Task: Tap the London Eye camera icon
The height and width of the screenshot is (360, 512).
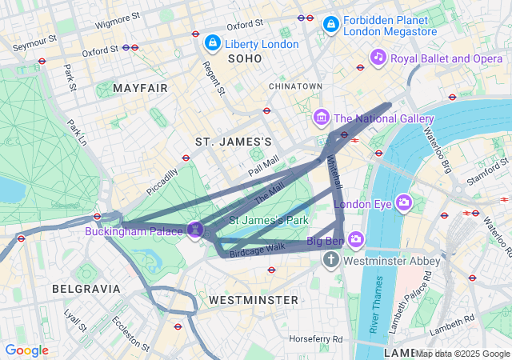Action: coord(403,203)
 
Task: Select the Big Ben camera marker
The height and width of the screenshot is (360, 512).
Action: coord(356,238)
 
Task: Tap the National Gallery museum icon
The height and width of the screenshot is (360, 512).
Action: coord(322,118)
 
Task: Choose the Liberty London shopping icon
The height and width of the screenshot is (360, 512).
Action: coord(212,42)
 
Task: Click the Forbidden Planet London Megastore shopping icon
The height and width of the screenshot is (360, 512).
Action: coord(330,26)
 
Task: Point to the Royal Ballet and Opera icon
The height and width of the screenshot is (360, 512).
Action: coord(378,58)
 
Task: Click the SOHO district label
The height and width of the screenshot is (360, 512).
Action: coord(245,59)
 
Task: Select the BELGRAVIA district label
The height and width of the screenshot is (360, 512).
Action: coord(86,288)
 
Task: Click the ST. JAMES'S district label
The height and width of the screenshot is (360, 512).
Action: coord(234,142)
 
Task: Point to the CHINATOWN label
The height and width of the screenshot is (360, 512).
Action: coord(295,86)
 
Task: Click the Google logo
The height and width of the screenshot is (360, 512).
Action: coord(26,350)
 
